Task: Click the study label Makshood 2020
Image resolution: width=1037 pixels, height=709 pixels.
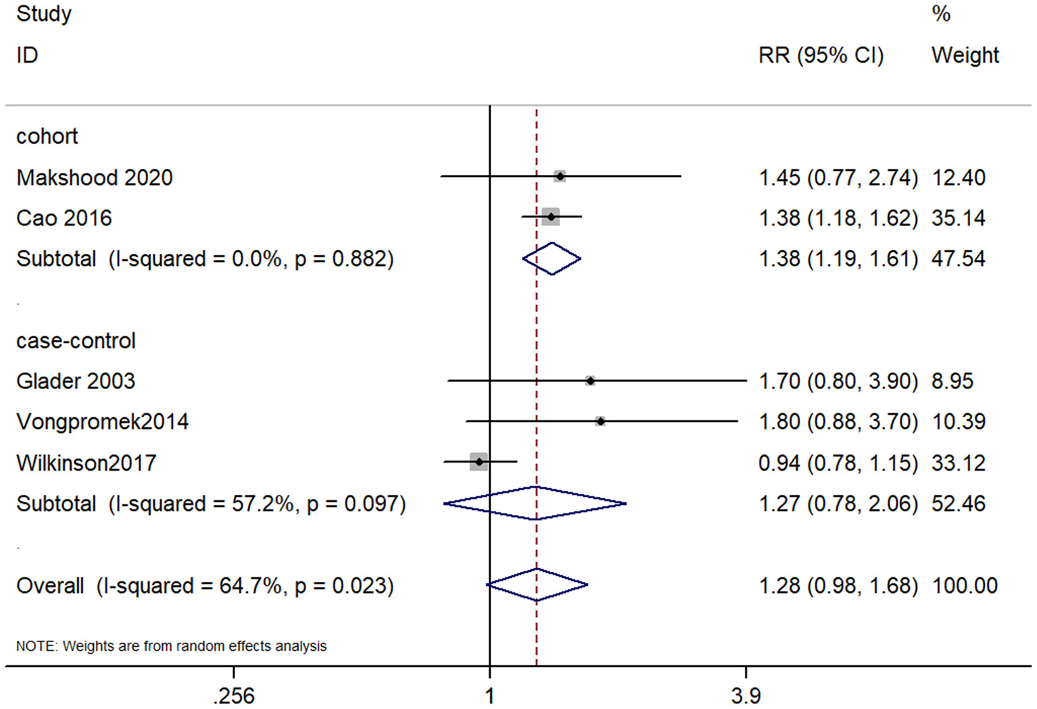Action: click(x=95, y=178)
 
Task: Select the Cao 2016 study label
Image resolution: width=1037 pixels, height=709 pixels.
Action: click(x=64, y=218)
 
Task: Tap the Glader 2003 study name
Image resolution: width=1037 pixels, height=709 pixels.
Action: click(x=76, y=382)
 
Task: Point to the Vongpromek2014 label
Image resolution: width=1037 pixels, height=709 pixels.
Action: click(x=103, y=422)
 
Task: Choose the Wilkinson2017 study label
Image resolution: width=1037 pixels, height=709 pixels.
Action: click(x=86, y=463)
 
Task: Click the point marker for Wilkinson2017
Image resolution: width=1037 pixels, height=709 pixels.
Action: click(x=479, y=462)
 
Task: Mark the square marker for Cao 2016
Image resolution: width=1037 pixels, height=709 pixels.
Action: click(x=551, y=217)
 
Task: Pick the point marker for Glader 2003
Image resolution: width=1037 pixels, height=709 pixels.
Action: click(x=590, y=381)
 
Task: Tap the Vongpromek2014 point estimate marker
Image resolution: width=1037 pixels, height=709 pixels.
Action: click(x=601, y=421)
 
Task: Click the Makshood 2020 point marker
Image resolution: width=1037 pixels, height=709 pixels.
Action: click(x=560, y=176)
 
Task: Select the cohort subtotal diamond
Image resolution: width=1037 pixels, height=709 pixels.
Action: click(x=552, y=259)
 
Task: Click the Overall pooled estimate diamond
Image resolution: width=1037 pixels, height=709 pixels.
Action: click(x=537, y=585)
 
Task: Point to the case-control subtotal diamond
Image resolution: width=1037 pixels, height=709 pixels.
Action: click(x=535, y=503)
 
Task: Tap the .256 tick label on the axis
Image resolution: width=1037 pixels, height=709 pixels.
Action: click(x=234, y=695)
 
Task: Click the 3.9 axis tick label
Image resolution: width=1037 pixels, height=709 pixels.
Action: click(x=746, y=695)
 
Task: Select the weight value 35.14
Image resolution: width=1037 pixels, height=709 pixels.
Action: click(x=958, y=218)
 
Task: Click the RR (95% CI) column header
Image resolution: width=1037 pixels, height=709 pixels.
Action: click(x=821, y=55)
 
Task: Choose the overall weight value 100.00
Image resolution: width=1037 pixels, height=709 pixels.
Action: click(x=965, y=585)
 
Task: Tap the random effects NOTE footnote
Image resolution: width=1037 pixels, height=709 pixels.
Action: click(x=172, y=646)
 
